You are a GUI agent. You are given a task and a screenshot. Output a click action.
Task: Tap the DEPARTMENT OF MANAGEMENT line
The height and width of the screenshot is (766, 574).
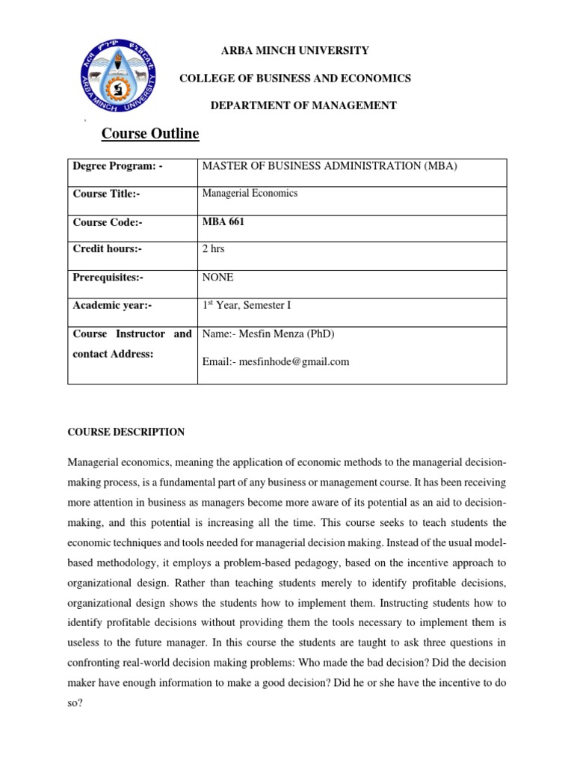[x=303, y=105]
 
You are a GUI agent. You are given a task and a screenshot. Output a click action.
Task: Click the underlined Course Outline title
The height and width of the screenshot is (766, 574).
[x=150, y=134]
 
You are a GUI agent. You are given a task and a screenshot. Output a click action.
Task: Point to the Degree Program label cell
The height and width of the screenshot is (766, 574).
[x=117, y=165]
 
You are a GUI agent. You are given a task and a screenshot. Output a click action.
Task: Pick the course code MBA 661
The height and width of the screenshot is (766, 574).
[x=223, y=221]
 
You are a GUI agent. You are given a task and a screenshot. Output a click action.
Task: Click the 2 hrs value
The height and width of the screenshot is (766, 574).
[x=215, y=249]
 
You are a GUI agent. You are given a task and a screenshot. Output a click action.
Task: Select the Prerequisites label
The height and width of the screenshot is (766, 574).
[x=108, y=277]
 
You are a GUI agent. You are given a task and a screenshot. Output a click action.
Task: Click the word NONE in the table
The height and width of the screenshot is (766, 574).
[x=217, y=277]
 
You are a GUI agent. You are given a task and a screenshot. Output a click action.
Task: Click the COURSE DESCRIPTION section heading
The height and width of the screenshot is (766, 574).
[x=126, y=432]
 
